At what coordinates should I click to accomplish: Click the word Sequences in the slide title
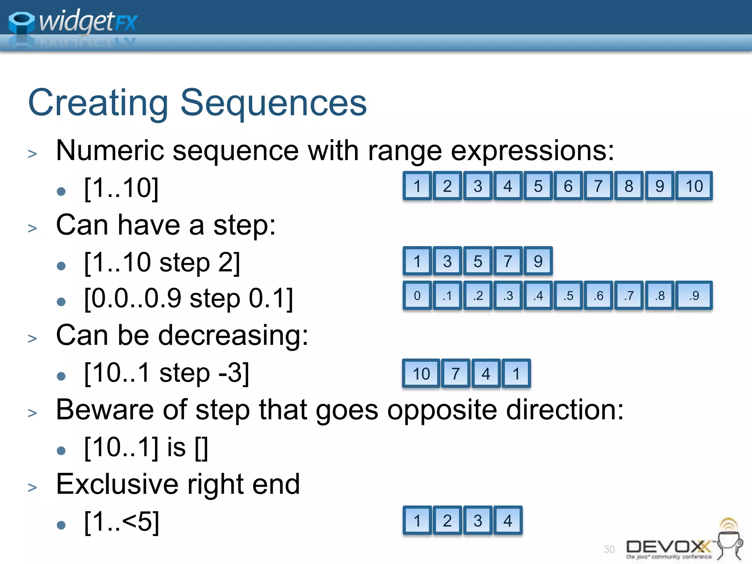(273, 104)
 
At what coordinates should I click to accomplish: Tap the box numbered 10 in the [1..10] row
(694, 186)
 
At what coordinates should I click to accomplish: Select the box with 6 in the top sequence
(568, 186)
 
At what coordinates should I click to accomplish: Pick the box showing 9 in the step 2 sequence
(538, 261)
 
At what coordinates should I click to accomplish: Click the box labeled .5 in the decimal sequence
(568, 296)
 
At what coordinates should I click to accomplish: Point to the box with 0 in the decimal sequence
(417, 296)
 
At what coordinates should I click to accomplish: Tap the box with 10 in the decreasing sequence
(421, 373)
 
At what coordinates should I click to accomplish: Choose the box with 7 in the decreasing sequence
(456, 373)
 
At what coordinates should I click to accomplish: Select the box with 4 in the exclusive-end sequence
(508, 520)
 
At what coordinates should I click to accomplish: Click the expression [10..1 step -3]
(167, 373)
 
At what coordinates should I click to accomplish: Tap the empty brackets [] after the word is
(201, 448)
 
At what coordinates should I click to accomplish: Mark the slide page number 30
(609, 549)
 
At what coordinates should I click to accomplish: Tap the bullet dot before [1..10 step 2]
(61, 265)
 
